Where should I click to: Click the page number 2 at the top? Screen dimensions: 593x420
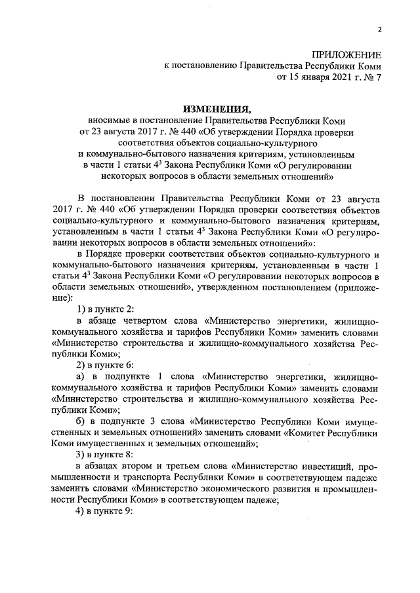pos(379,29)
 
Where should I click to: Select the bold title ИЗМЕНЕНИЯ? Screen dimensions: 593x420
pos(216,108)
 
